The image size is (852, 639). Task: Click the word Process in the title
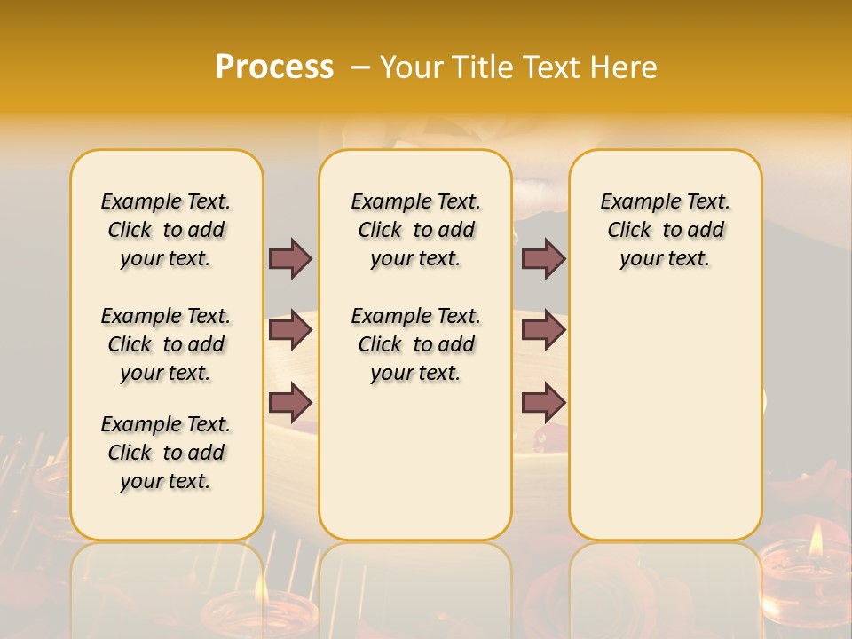point(274,67)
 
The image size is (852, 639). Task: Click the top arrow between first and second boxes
point(290,258)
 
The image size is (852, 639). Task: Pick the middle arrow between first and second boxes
point(290,330)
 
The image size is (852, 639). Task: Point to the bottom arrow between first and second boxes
point(290,403)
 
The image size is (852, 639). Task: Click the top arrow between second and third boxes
point(543,258)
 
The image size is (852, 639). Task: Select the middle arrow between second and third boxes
point(543,330)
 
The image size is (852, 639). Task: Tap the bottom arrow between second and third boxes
point(543,403)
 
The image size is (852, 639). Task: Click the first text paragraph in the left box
point(166,230)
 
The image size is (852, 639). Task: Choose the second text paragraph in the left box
point(166,344)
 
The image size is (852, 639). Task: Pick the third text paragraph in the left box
point(166,453)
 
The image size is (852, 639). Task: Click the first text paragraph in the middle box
point(415,230)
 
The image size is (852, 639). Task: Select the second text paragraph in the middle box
point(415,344)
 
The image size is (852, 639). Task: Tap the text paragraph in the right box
point(665,230)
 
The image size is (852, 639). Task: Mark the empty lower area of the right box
point(665,426)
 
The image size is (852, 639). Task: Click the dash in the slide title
point(360,67)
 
